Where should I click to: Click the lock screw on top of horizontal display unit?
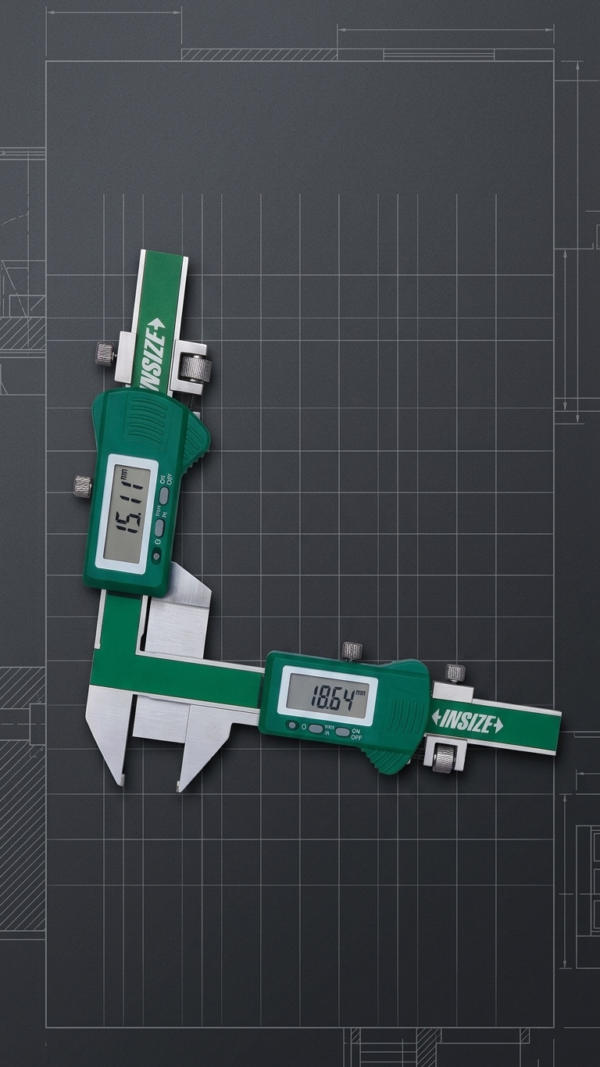coord(352,650)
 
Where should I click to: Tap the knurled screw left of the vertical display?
coord(82,485)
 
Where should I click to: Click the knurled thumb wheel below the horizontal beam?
coord(445,756)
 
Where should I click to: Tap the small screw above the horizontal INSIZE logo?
coord(455,672)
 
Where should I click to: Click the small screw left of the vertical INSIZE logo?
coord(105,354)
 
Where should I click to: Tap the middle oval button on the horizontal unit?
coord(316,729)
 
